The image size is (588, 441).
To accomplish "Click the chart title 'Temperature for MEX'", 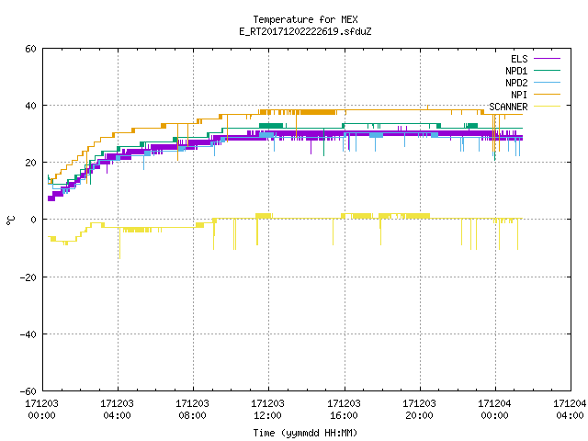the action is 305,19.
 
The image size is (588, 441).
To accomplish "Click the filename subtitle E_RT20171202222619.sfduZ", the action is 305,31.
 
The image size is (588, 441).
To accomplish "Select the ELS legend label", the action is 519,59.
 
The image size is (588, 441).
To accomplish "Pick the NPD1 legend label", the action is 516,71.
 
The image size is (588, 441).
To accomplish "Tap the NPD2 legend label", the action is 516,83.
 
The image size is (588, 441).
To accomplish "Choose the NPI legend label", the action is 519,95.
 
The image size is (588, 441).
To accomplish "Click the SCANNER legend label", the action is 508,107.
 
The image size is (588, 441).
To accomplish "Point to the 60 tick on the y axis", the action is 30,49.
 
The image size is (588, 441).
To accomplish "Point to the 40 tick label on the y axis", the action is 30,106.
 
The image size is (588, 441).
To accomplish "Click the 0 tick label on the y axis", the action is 33,220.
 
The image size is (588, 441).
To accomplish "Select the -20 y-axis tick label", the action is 28,277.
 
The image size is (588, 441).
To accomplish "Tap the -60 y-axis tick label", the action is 28,391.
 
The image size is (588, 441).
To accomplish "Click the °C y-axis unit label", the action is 10,220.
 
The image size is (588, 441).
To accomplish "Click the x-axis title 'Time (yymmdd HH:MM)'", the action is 305,433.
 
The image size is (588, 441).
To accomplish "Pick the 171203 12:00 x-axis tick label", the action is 267,410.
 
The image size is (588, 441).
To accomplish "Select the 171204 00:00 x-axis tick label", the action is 494,410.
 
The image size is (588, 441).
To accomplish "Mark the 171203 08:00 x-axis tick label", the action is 192,410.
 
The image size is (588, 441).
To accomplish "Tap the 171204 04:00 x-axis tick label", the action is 570,410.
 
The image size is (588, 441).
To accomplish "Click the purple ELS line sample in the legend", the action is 547,59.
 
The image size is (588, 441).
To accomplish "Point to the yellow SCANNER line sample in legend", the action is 547,107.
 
